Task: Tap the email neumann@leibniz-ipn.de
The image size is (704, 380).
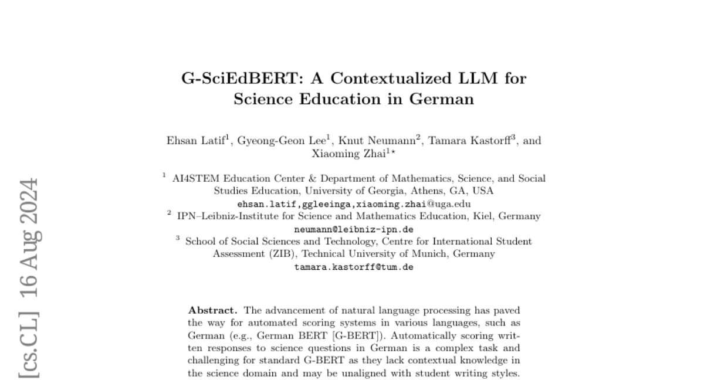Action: (354, 229)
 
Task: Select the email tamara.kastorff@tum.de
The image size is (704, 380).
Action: (354, 267)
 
